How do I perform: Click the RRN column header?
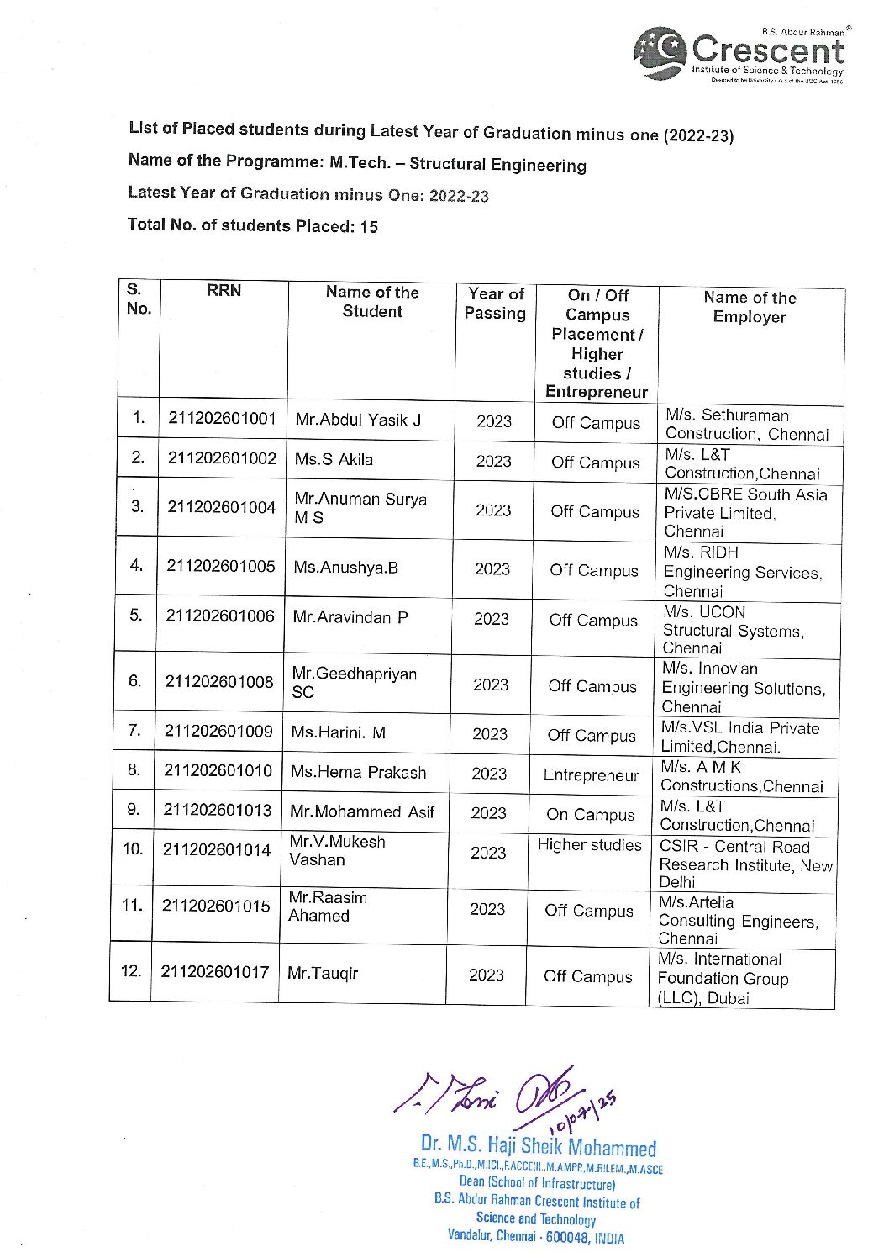[224, 291]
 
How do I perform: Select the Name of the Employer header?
[750, 307]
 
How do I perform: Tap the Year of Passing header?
[495, 304]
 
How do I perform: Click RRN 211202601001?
[222, 419]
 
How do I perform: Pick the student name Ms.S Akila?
[334, 460]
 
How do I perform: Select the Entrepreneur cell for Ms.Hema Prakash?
[591, 775]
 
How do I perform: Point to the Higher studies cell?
[589, 845]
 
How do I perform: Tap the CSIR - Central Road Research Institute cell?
[745, 864]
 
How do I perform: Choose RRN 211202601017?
[215, 972]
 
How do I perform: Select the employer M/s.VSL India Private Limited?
[739, 737]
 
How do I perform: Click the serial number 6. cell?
[134, 681]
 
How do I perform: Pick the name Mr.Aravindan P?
[350, 617]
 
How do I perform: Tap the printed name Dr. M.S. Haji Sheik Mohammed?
[538, 1145]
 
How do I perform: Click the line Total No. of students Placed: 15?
[252, 225]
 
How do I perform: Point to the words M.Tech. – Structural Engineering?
[457, 163]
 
